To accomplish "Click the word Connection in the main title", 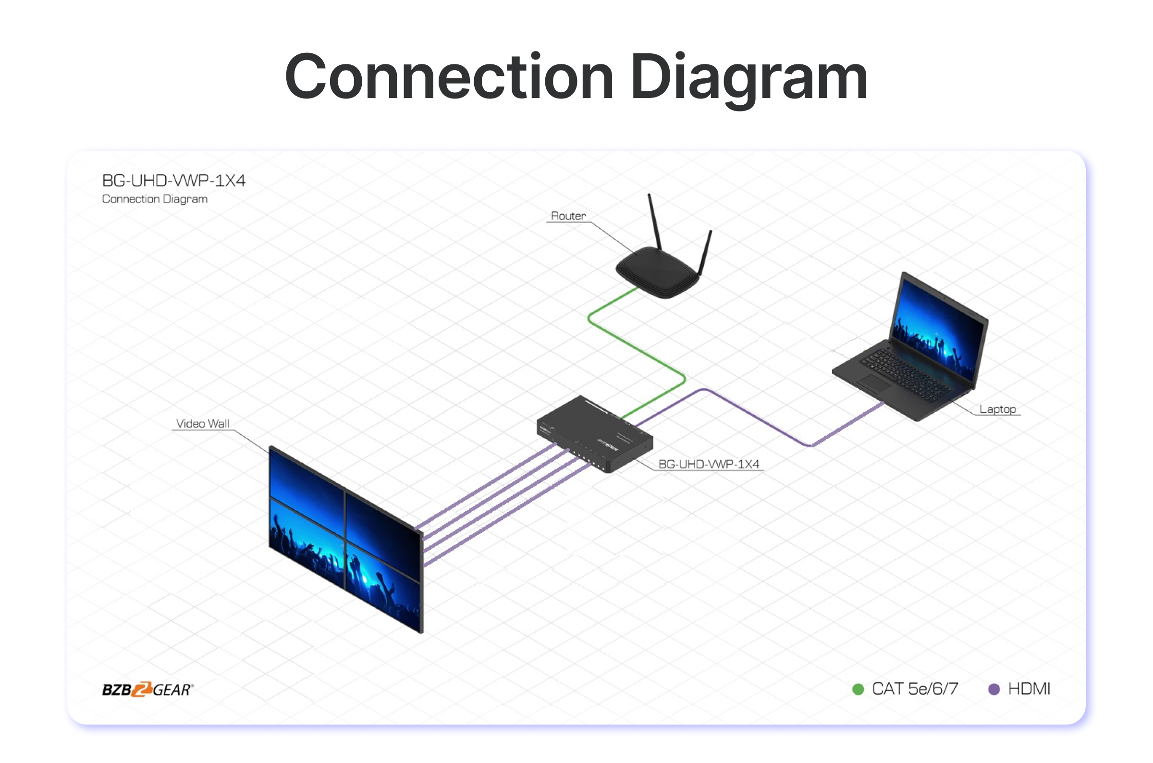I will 449,77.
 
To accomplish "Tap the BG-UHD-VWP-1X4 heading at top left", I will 174,181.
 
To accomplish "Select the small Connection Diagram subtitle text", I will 155,199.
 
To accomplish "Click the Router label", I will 568,216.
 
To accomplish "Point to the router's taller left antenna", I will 655,222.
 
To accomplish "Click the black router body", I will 657,272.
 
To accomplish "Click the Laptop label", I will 997,409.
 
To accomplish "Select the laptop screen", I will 939,329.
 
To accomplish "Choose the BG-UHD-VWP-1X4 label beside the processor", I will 708,464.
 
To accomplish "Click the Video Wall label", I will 202,424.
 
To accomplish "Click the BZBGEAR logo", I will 147,689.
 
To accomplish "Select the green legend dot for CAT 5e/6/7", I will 858,689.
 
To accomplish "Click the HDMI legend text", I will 1029,689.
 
